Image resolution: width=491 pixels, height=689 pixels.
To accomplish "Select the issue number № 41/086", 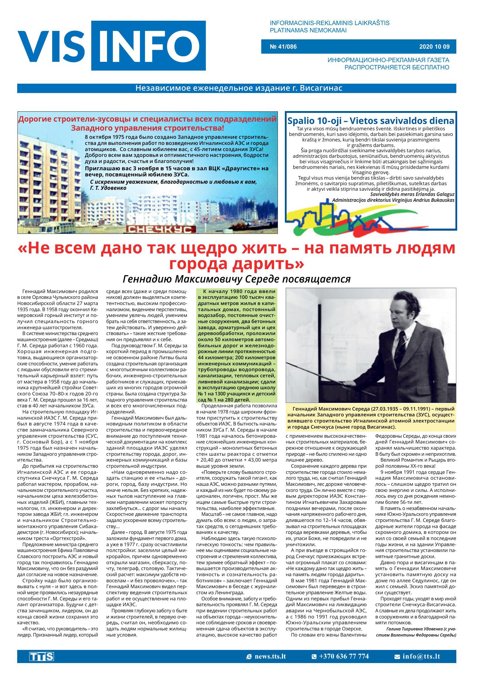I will [x=283, y=47].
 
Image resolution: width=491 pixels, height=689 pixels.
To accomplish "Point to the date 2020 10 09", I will [x=434, y=47].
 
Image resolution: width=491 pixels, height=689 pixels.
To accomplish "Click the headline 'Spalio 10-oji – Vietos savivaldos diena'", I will [x=371, y=121].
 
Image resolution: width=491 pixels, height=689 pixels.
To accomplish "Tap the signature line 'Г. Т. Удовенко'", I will [x=108, y=188].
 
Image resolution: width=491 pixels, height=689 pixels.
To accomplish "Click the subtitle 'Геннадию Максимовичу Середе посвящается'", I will [x=237, y=279].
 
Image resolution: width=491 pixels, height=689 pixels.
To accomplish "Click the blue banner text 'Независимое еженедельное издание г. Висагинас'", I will [x=239, y=88].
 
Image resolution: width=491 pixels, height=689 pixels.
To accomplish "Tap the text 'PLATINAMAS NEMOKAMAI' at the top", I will [x=308, y=30].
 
